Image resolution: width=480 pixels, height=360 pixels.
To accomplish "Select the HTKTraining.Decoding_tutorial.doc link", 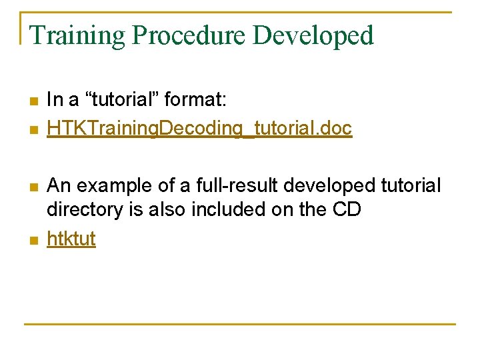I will click(199, 129).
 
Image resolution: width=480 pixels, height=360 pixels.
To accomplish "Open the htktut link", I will click(71, 239).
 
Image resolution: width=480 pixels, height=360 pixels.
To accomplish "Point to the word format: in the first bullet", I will click(195, 101).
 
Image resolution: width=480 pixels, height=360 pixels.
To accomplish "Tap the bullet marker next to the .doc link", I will click(34, 129).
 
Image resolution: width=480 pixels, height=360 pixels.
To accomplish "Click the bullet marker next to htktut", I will click(34, 240).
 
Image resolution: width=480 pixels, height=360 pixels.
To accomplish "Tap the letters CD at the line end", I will click(346, 210).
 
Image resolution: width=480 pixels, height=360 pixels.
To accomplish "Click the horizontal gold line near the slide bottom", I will click(240, 325).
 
